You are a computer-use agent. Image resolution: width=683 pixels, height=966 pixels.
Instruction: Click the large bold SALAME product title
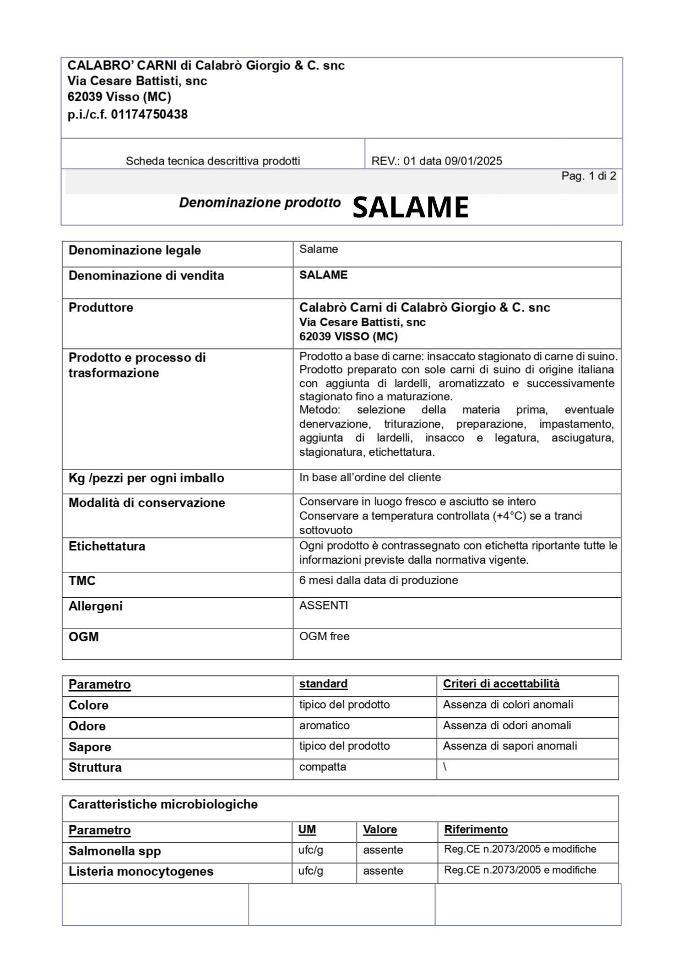tap(410, 208)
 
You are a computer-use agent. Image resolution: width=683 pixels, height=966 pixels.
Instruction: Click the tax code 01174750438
tap(149, 114)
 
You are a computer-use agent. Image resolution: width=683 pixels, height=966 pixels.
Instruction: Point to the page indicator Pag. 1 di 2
tap(588, 176)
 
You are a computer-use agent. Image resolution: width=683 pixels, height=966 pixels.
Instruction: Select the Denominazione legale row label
tap(134, 250)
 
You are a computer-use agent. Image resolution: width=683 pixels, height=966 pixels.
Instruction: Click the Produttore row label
tap(101, 307)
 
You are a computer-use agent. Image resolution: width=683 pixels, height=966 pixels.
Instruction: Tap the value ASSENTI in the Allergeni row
tap(323, 605)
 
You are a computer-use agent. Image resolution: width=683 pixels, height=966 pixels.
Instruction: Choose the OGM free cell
tap(324, 636)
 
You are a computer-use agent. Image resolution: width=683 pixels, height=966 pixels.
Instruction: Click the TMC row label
tap(82, 581)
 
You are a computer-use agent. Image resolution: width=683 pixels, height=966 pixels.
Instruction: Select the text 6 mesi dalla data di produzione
tap(378, 580)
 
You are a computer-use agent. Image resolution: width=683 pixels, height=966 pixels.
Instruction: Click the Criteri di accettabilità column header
tap(501, 684)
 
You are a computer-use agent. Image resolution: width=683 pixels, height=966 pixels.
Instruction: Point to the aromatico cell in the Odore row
tap(324, 725)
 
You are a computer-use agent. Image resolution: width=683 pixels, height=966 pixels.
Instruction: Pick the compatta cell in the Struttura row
tap(323, 767)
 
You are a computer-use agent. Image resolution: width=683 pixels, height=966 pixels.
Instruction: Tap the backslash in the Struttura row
tap(445, 767)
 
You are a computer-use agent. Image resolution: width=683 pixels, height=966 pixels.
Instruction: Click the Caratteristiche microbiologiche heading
tap(162, 804)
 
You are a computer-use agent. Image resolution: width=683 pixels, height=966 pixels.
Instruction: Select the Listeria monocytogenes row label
tap(140, 871)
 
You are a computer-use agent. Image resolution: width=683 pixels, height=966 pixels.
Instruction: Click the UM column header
tap(307, 829)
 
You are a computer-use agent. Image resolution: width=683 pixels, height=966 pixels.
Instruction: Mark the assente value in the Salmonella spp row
tap(383, 850)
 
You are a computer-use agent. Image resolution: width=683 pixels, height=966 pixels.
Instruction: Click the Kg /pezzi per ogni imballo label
tap(146, 478)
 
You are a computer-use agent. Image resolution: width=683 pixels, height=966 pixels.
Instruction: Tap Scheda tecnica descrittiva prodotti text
tap(213, 161)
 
